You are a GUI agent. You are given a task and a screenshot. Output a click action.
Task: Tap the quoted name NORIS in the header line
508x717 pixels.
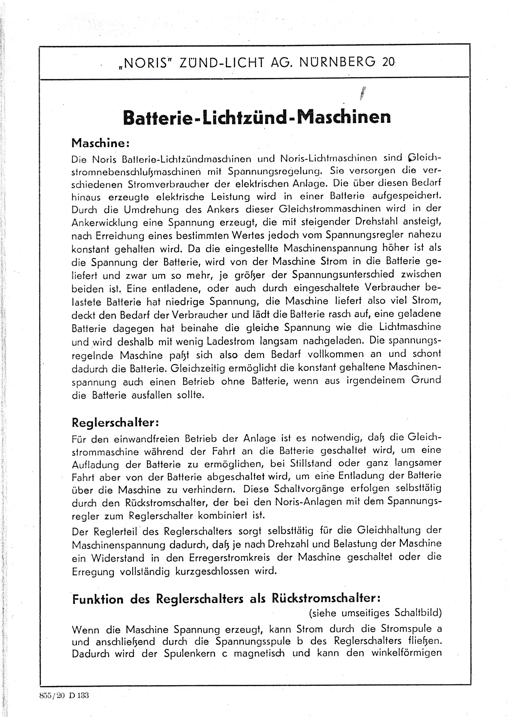146,64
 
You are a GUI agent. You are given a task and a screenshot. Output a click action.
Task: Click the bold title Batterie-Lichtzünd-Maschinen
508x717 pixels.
257,117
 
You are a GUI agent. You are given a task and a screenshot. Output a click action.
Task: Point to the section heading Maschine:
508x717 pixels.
101,143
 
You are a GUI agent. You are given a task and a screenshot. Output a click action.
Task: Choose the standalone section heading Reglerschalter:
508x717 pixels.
116,423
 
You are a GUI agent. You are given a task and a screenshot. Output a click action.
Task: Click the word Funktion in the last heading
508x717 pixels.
98,599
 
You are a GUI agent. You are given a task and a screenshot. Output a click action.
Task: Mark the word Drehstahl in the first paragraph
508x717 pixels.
376,222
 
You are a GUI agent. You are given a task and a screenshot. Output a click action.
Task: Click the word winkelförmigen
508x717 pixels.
406,653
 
